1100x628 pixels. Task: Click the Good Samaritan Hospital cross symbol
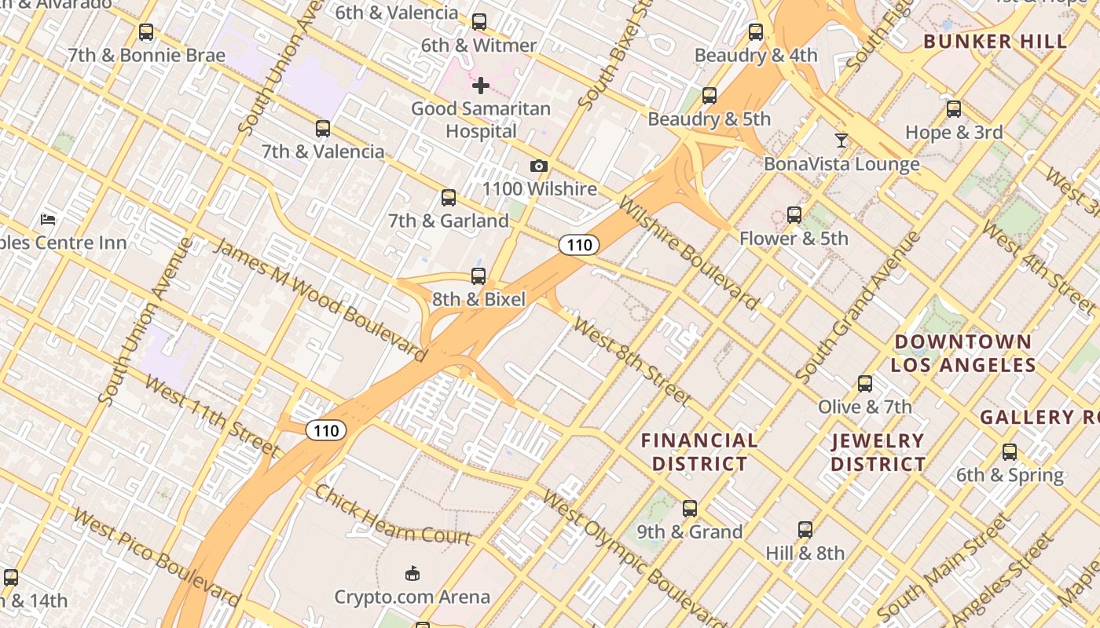point(481,86)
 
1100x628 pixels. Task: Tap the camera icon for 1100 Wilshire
point(538,166)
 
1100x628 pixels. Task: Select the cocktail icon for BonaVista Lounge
point(841,141)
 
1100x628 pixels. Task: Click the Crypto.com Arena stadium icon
point(412,574)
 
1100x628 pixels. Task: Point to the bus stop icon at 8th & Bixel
point(478,276)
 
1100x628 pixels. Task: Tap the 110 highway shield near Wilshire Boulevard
point(579,245)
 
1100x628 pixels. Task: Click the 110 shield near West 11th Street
point(325,430)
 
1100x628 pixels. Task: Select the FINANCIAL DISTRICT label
point(699,452)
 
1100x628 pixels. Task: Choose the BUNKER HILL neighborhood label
point(995,42)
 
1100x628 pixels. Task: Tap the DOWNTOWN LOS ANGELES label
point(962,353)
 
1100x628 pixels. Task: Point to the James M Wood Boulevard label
point(321,301)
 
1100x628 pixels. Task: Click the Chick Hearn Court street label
point(392,515)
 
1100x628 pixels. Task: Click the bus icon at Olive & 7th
point(865,384)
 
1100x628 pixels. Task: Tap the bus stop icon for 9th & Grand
point(690,509)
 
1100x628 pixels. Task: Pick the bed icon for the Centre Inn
point(48,219)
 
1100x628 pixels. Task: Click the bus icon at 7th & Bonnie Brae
point(146,32)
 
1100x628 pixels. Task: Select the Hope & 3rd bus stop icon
point(954,109)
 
